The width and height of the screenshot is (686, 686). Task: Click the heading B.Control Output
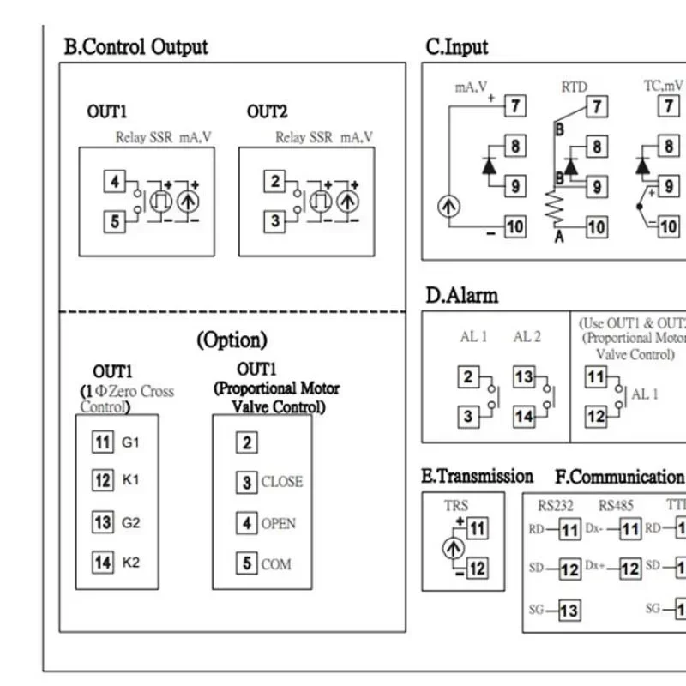(x=136, y=46)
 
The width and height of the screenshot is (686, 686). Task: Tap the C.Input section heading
(x=457, y=47)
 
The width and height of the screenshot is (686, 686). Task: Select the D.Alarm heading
(x=461, y=295)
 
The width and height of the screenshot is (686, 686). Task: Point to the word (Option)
(x=232, y=340)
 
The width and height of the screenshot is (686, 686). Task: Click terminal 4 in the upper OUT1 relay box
(x=116, y=182)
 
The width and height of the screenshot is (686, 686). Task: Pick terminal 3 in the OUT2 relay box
(x=275, y=221)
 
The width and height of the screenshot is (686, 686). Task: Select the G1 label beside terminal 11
(x=130, y=442)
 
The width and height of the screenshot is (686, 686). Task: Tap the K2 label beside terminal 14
(x=130, y=563)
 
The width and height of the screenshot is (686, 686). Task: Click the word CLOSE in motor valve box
(x=281, y=482)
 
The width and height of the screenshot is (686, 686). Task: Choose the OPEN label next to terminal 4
(x=278, y=523)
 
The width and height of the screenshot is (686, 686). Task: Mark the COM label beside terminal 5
(x=276, y=564)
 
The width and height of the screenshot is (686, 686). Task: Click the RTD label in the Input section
(x=574, y=87)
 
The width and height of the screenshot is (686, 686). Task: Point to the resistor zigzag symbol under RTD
(x=556, y=207)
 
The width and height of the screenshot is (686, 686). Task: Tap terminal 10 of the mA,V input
(x=514, y=227)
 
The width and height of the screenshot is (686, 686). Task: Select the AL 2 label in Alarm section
(x=527, y=337)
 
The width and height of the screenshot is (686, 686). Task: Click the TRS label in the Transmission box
(x=456, y=506)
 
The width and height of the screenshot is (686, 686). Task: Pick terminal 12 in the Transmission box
(x=477, y=568)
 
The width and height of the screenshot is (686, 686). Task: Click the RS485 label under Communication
(x=615, y=506)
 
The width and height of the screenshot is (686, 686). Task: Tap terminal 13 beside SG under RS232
(x=569, y=610)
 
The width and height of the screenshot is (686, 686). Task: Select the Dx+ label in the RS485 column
(x=595, y=567)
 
